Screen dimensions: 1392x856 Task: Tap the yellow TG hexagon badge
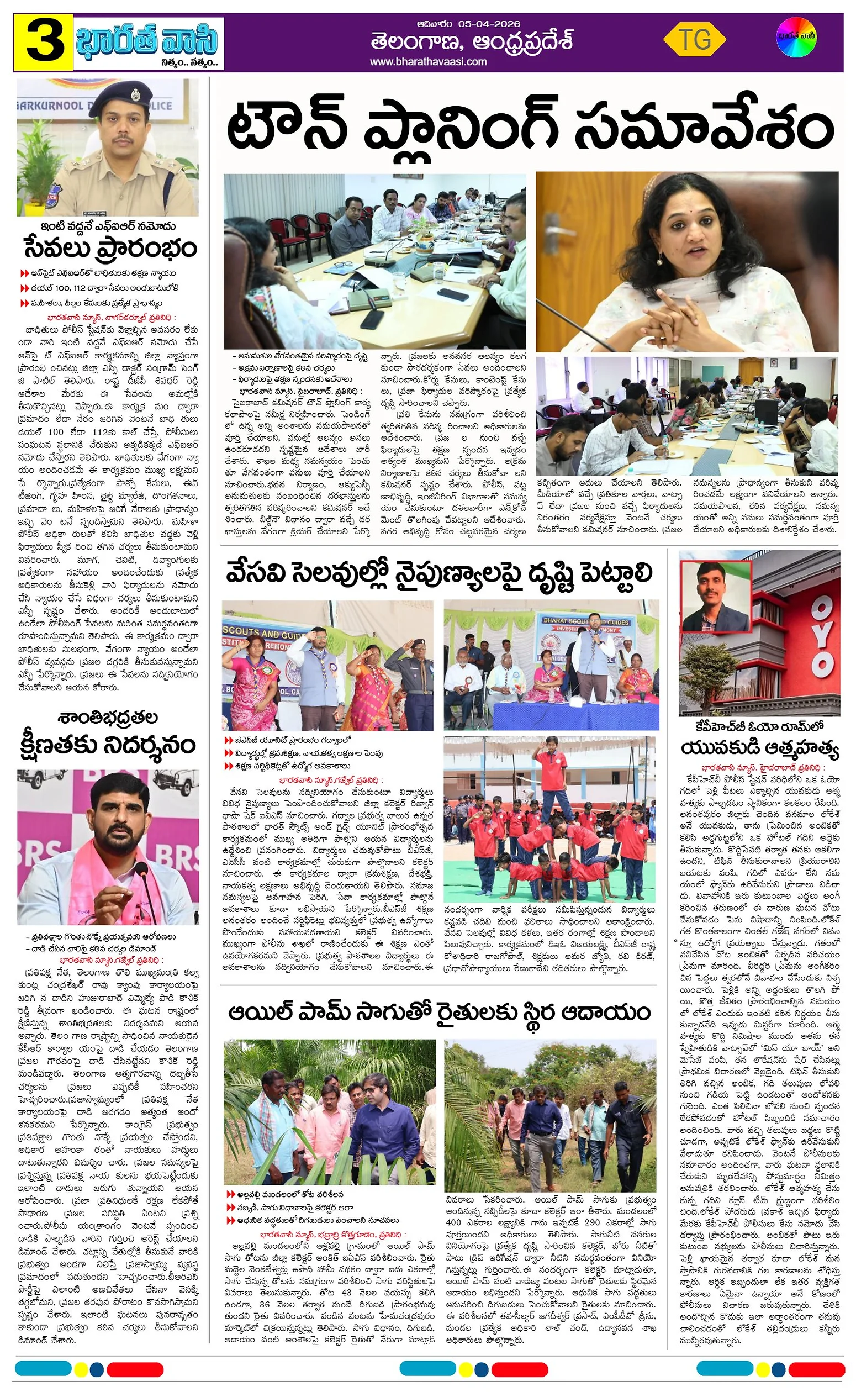694,40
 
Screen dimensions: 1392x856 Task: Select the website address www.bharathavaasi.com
428,62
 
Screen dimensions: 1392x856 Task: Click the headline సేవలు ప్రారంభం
110,249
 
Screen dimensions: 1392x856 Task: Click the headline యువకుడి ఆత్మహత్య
759,749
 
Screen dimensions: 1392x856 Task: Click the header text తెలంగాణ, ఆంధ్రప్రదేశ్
472,41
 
